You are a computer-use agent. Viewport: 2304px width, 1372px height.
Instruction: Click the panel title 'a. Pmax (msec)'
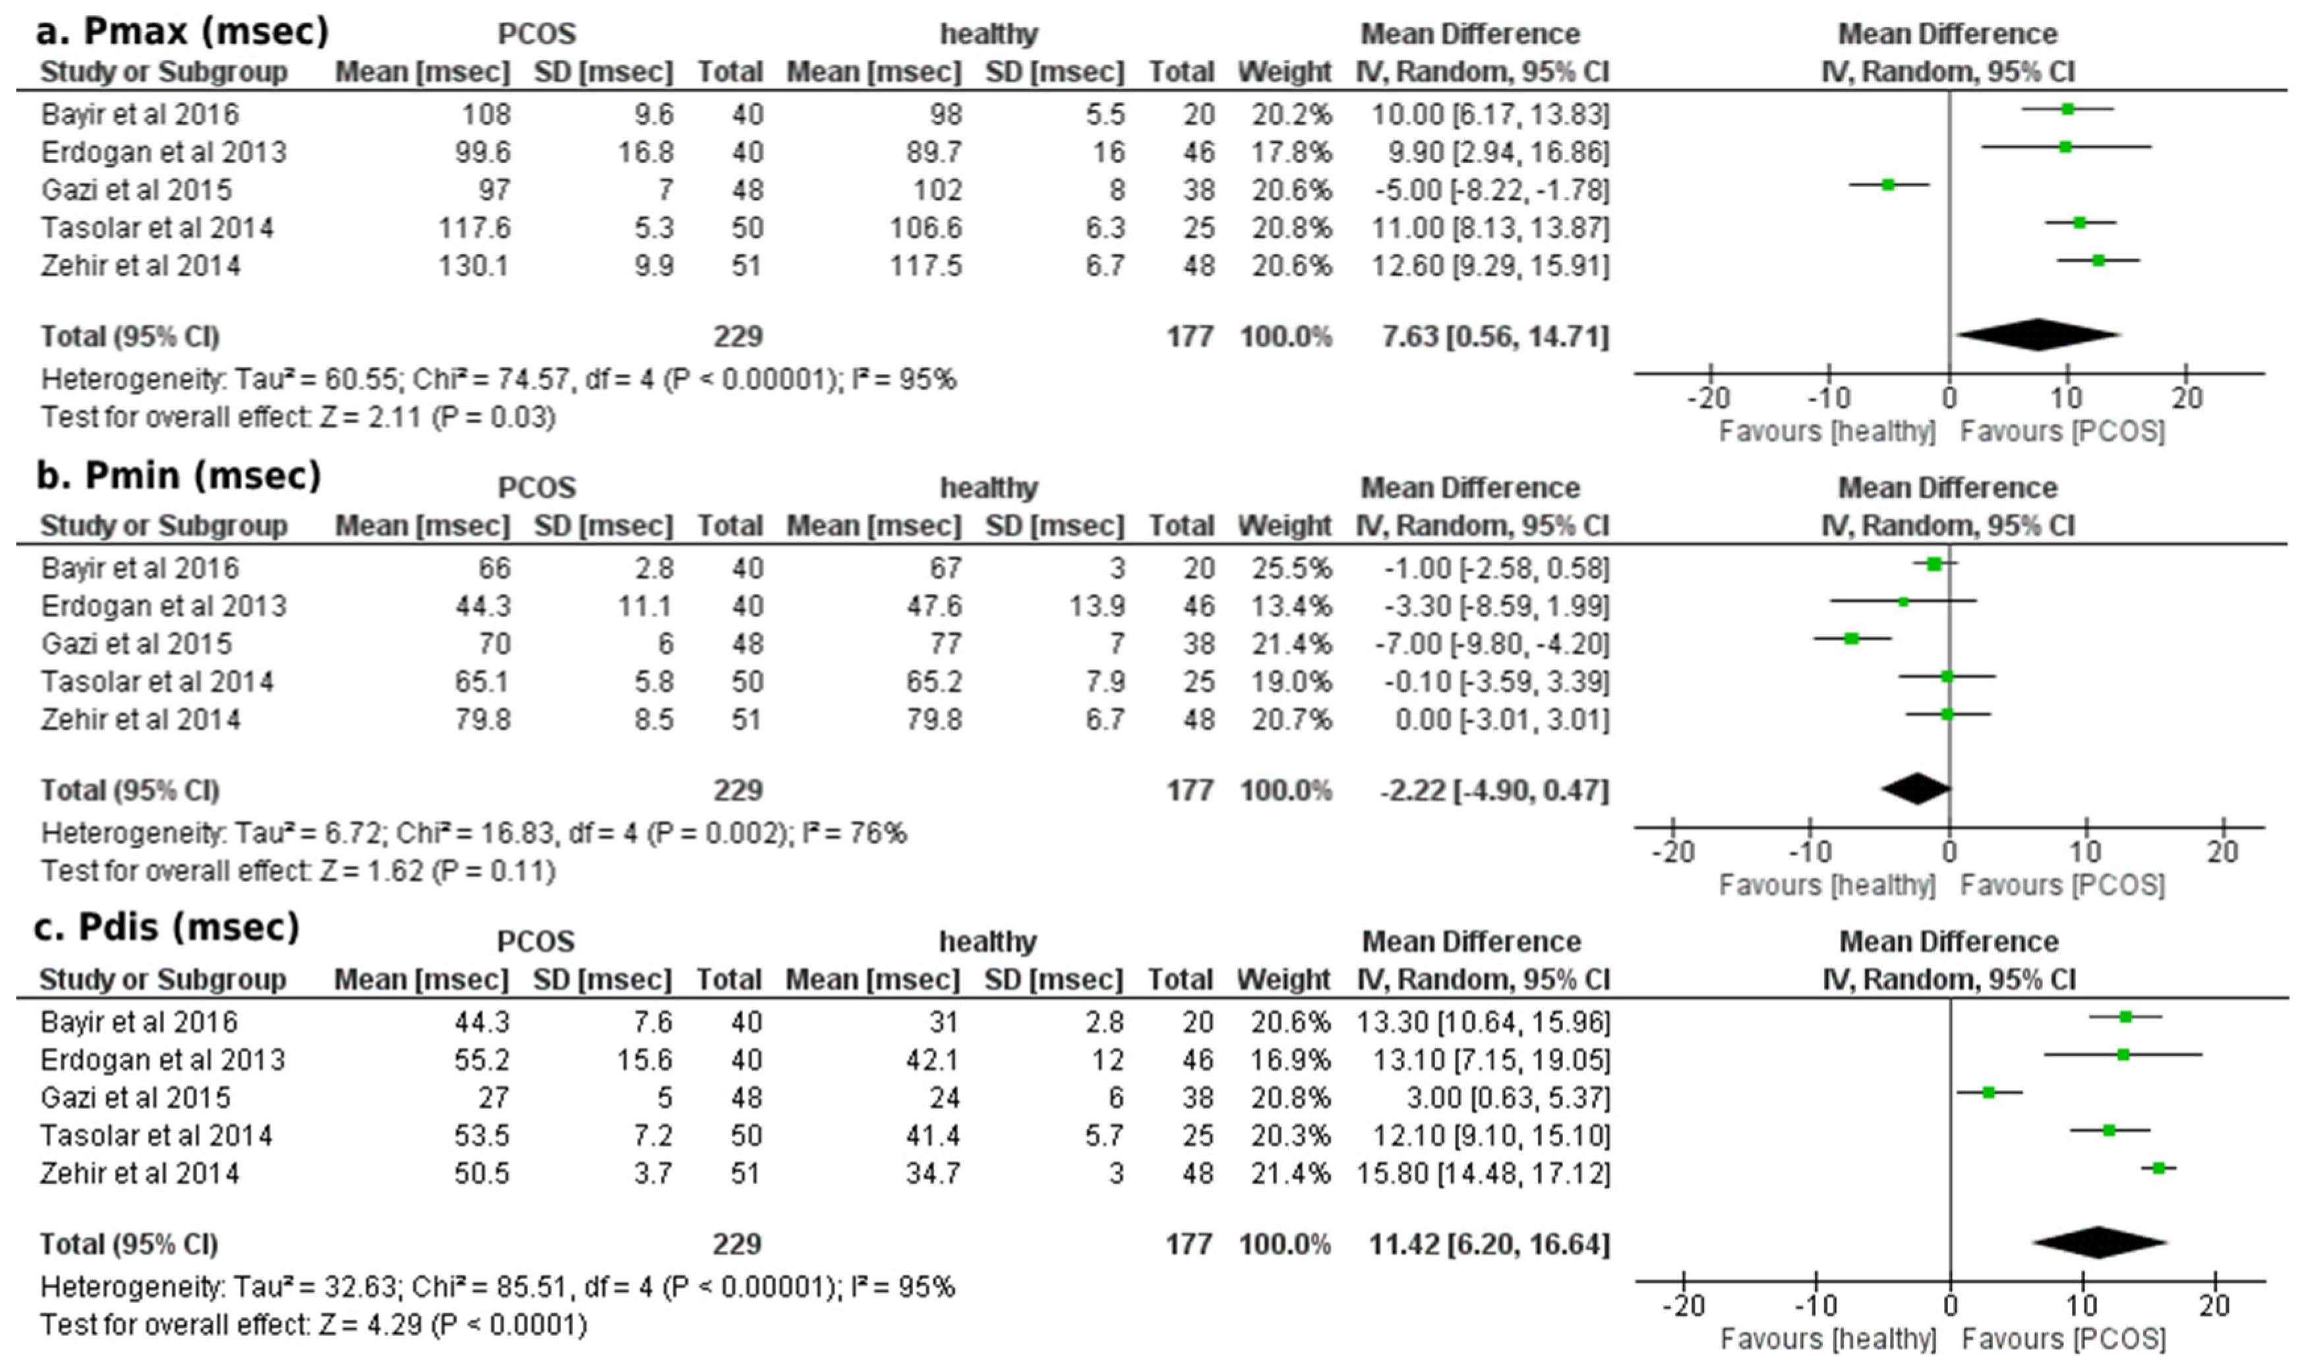click(x=182, y=32)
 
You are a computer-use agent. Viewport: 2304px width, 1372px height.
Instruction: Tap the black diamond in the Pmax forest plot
click(x=2038, y=335)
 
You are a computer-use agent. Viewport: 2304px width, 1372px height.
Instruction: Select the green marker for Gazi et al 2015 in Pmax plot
click(x=1888, y=185)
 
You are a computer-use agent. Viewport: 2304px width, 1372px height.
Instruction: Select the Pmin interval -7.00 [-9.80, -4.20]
click(x=1495, y=644)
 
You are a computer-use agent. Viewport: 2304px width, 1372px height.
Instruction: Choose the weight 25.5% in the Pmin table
click(x=1291, y=568)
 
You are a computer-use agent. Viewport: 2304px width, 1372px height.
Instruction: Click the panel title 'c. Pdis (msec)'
click(x=167, y=927)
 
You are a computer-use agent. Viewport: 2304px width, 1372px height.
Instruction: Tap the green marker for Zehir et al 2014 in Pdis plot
click(x=2159, y=1168)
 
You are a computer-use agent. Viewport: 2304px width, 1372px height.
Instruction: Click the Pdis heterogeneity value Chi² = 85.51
click(x=483, y=1288)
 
